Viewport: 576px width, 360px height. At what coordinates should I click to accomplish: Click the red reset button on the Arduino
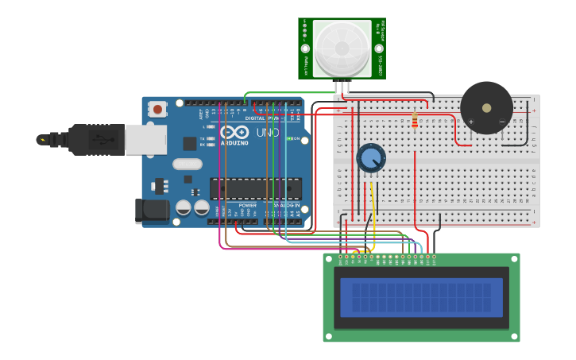coord(158,109)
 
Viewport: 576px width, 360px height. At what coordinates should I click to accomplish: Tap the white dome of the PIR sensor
coord(342,48)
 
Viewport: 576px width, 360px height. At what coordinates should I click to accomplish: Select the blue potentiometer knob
coord(370,157)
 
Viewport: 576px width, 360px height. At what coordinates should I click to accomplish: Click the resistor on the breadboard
coord(415,120)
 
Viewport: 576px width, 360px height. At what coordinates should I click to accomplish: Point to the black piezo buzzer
coord(486,107)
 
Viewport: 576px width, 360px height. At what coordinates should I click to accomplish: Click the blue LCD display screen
coord(421,297)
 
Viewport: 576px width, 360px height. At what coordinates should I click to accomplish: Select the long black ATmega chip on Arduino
coord(256,188)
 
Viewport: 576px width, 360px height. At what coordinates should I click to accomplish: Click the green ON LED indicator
coord(291,139)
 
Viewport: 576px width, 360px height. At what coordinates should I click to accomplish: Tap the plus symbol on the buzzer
coord(470,122)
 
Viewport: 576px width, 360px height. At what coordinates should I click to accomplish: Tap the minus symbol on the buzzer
coord(502,122)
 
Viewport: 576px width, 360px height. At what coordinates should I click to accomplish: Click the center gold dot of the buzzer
coord(486,107)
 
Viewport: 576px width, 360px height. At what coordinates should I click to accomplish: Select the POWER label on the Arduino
coord(247,205)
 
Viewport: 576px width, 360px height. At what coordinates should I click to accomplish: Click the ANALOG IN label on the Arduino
coord(286,205)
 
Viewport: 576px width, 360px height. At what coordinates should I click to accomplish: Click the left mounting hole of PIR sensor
coord(304,48)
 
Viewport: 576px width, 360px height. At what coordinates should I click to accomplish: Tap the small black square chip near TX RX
coord(189,143)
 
